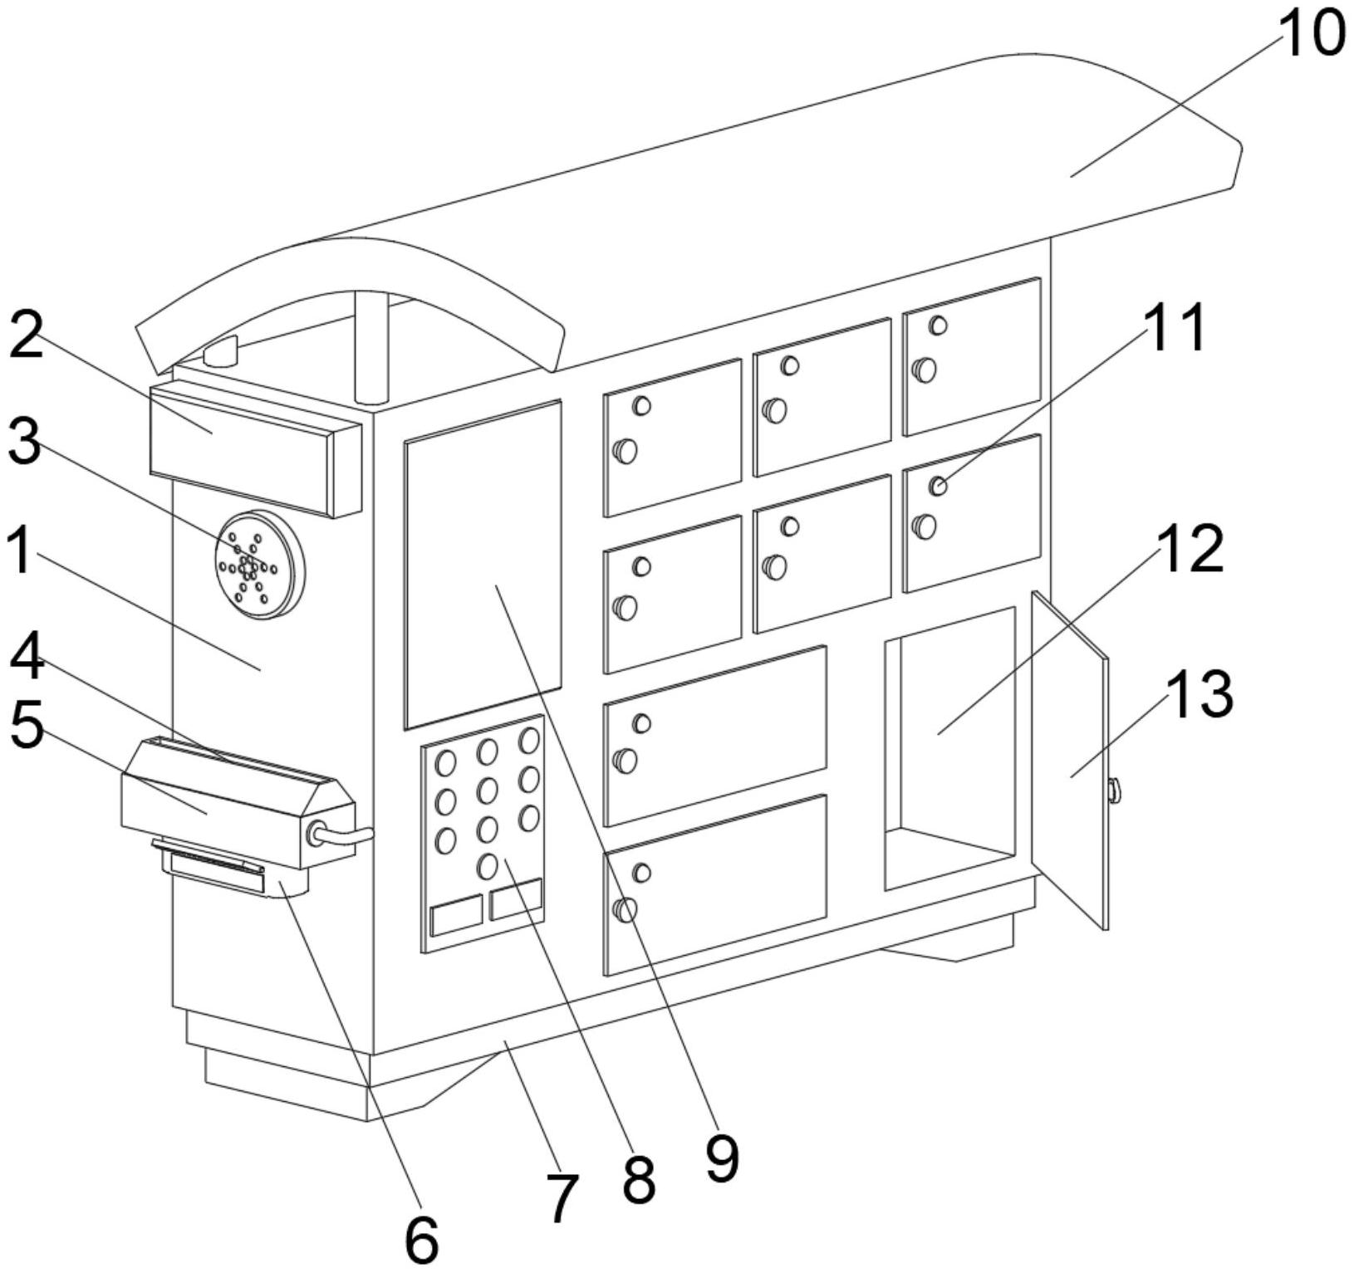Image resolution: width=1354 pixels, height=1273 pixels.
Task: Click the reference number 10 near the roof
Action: [1311, 35]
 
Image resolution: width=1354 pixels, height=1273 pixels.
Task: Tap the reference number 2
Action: [27, 334]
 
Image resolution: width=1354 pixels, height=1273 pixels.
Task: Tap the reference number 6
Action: [421, 1241]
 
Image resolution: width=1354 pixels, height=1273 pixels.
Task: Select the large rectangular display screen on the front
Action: [483, 565]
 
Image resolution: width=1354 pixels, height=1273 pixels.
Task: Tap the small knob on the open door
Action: [1113, 791]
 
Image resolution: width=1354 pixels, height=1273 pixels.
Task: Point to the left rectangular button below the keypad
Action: [457, 916]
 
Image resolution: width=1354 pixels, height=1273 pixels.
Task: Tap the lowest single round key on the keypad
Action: [488, 867]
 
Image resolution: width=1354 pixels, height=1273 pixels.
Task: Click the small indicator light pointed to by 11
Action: [938, 487]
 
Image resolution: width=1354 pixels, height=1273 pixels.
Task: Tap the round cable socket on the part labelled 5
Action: [316, 834]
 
